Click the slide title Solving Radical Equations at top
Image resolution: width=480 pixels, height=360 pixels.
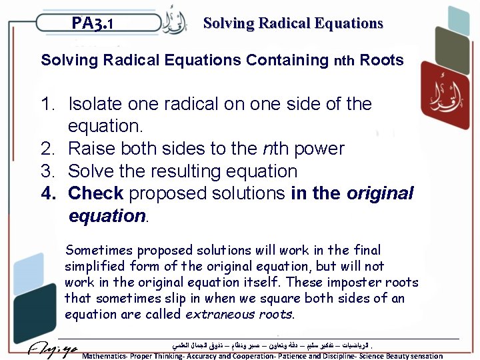pyautogui.click(x=293, y=23)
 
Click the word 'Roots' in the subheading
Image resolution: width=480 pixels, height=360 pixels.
pyautogui.click(x=381, y=61)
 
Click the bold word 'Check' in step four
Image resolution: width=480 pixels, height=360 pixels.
pyautogui.click(x=96, y=194)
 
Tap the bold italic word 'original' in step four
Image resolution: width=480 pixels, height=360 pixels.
pyautogui.click(x=380, y=194)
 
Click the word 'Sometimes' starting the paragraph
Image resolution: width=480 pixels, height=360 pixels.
pyautogui.click(x=99, y=251)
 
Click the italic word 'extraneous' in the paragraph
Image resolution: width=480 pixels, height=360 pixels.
pyautogui.click(x=219, y=313)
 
